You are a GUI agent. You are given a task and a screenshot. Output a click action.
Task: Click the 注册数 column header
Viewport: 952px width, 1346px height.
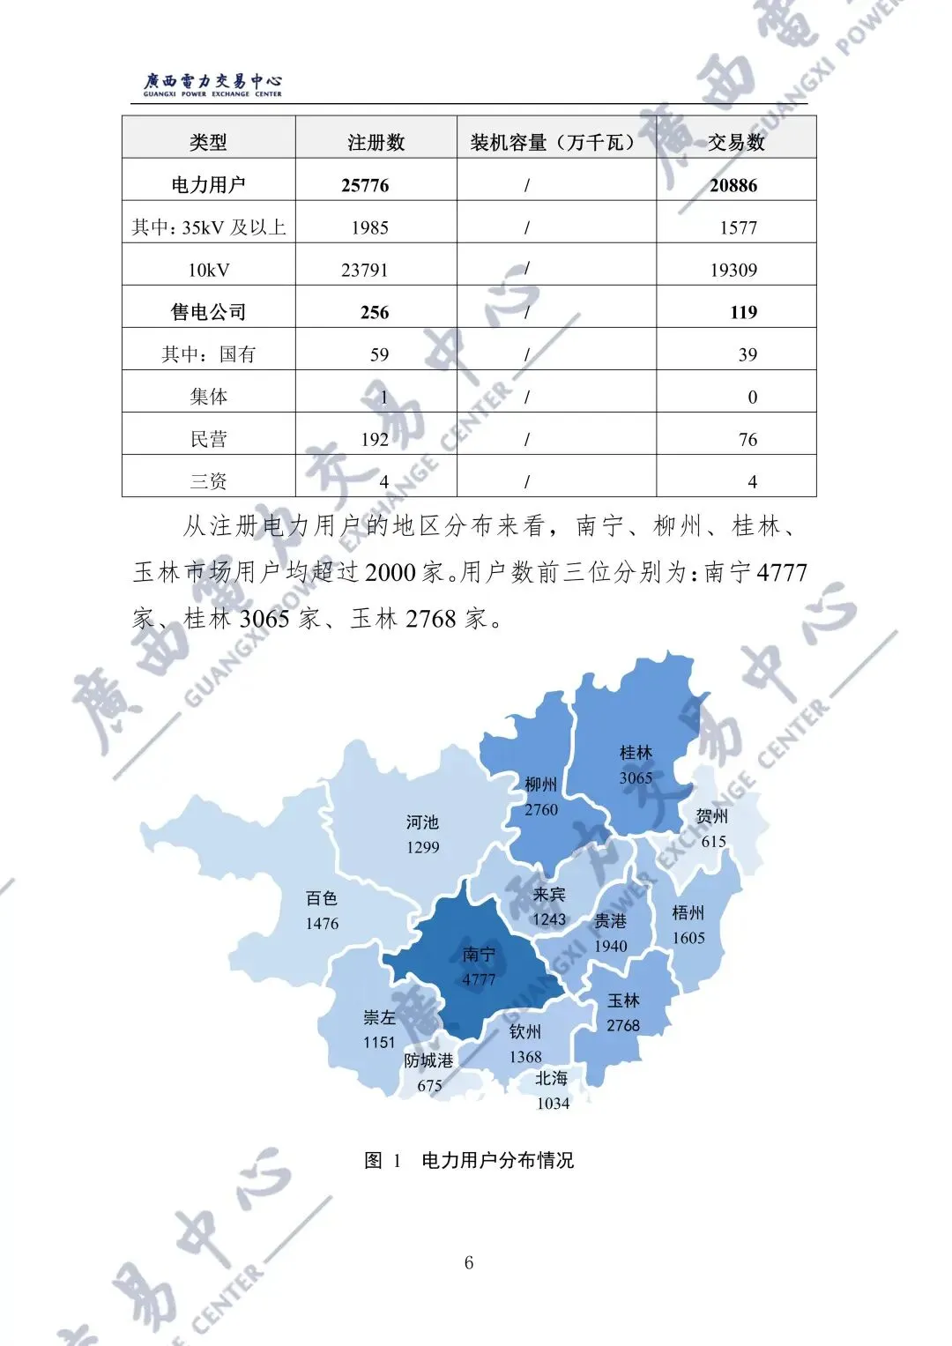[x=376, y=142]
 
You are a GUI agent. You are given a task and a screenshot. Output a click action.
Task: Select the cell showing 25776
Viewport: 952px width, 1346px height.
[x=365, y=185]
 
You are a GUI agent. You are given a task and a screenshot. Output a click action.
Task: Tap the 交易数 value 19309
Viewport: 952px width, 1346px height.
[x=733, y=270]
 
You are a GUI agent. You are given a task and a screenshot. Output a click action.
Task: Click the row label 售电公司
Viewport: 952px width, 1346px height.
[x=208, y=312]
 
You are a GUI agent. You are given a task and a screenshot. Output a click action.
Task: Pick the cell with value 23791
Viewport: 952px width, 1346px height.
[x=364, y=270]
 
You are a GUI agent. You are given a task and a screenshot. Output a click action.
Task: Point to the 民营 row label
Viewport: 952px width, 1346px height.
[x=208, y=439]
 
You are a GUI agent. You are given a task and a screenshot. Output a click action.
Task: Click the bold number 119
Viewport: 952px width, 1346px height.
[x=743, y=312]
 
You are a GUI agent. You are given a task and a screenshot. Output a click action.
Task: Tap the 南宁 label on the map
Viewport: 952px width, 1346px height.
[x=479, y=955]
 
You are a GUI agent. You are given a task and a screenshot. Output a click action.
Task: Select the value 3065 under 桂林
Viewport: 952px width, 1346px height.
[x=636, y=777]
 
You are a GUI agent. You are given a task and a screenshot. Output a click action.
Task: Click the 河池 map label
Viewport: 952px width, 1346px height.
[x=422, y=822]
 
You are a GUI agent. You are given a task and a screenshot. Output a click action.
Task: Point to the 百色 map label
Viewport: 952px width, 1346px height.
[x=322, y=898]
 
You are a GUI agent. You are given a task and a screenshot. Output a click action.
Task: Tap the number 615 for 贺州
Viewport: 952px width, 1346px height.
[x=713, y=841]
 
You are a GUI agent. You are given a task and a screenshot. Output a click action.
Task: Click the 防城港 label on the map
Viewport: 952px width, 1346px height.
[x=428, y=1060]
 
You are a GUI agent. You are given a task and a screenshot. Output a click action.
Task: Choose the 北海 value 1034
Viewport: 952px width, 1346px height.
[x=553, y=1103]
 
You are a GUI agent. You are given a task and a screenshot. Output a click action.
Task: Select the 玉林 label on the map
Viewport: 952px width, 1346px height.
[x=623, y=1000]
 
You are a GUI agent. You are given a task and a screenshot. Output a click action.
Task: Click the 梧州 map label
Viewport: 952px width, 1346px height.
[x=688, y=912]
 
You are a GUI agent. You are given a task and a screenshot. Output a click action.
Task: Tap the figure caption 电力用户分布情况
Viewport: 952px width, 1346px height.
[x=497, y=1160]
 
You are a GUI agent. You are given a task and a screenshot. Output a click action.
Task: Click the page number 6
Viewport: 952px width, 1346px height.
[x=469, y=1262]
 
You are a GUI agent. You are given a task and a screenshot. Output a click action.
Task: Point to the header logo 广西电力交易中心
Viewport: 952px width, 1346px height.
[x=212, y=84]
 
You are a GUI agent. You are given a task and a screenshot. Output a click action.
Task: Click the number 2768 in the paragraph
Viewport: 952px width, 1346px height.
[x=430, y=619]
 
